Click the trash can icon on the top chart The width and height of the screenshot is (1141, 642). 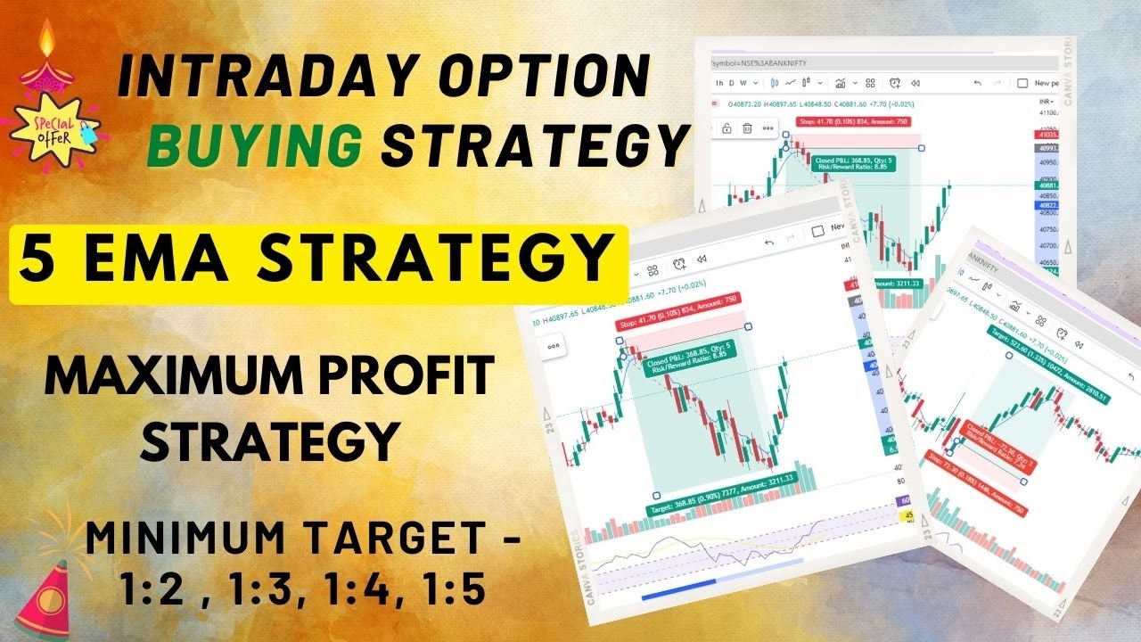point(747,128)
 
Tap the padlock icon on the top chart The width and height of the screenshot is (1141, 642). point(726,128)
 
